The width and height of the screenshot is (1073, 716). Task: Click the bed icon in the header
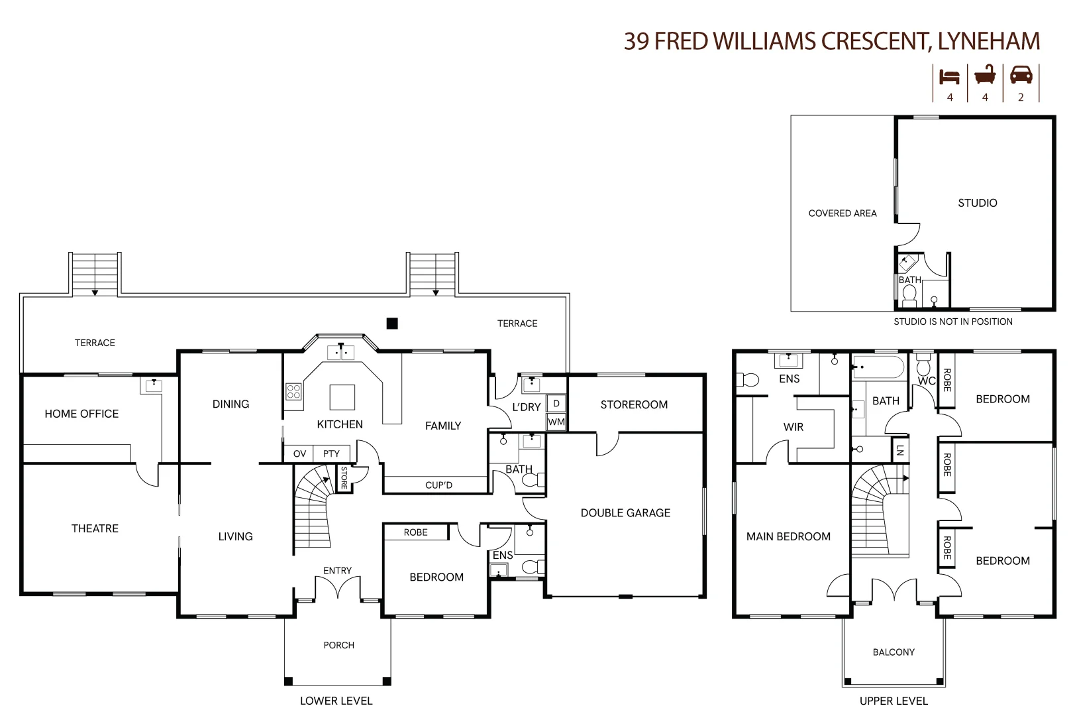949,76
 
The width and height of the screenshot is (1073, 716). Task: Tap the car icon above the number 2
1021,75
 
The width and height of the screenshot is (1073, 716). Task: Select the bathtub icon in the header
985,75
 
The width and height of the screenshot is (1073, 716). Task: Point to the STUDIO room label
977,203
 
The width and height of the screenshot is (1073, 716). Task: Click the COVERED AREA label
842,213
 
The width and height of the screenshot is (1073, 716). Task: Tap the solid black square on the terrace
392,324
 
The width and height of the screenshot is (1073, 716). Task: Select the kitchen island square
342,398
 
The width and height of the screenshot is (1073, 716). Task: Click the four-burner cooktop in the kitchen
293,391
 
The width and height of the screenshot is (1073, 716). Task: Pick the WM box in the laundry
556,422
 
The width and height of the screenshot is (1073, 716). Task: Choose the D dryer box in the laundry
556,403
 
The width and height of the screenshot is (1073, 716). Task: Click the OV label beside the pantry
299,453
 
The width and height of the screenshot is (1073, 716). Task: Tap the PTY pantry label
331,453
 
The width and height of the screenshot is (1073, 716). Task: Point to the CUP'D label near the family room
438,485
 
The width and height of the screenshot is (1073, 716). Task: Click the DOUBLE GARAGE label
625,512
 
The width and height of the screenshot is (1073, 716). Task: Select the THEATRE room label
95,528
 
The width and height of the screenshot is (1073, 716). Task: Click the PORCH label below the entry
338,645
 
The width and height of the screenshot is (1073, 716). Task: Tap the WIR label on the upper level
793,427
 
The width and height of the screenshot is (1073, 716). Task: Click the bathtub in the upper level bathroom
878,367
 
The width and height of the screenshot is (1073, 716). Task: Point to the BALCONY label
894,652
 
